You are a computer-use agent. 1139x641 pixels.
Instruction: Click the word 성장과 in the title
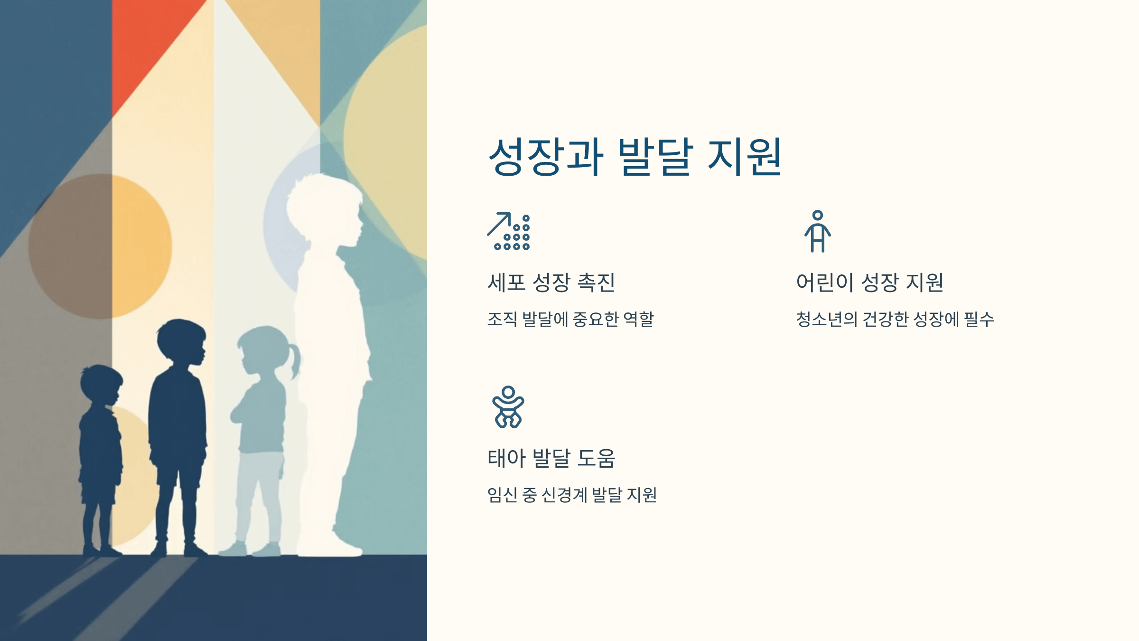[546, 157]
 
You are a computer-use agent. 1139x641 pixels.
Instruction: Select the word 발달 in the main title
[655, 157]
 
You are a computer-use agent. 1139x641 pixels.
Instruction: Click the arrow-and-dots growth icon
[509, 231]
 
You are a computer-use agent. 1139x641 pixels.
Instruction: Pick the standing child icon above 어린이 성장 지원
[817, 231]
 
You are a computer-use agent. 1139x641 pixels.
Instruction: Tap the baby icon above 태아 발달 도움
[508, 407]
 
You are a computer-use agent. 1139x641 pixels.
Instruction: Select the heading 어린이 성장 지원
[869, 283]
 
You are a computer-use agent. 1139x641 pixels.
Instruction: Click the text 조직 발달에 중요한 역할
[570, 319]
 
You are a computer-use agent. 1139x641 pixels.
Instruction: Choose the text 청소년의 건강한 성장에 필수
[895, 319]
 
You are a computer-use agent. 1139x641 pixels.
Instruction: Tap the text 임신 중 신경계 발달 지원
[572, 495]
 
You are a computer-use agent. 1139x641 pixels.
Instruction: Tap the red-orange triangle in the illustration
[147, 43]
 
